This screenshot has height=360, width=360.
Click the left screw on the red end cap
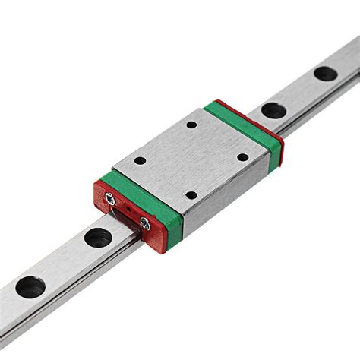(x=112, y=199)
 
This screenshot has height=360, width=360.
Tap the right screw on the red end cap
(x=144, y=222)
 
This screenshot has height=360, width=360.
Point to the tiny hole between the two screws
(x=128, y=210)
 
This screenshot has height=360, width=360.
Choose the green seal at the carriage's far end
(x=243, y=122)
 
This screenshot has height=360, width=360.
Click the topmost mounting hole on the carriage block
(x=191, y=125)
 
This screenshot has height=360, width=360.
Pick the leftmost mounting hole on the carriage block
(x=140, y=161)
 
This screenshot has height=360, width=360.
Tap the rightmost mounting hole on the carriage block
(x=242, y=157)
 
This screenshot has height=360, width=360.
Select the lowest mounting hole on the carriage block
(x=191, y=195)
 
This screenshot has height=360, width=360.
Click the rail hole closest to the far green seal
(x=273, y=110)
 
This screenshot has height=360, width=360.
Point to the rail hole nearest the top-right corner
(x=325, y=74)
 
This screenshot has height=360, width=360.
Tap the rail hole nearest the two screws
(x=98, y=238)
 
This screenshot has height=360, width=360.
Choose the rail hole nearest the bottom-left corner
(x=30, y=287)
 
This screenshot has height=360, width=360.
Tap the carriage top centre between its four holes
(x=191, y=159)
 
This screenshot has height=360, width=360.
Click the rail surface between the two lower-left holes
(x=64, y=263)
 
